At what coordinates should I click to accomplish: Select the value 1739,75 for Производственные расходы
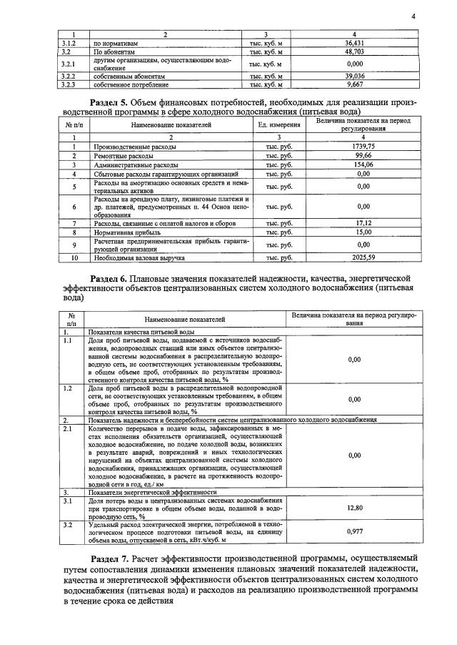tap(363, 146)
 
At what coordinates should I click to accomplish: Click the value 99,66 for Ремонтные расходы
tap(363, 154)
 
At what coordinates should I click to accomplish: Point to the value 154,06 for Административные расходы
tap(363, 164)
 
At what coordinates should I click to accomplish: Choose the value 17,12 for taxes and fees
tap(363, 223)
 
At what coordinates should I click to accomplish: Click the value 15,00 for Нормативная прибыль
tap(363, 232)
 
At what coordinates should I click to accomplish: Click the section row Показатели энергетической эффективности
tap(151, 493)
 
